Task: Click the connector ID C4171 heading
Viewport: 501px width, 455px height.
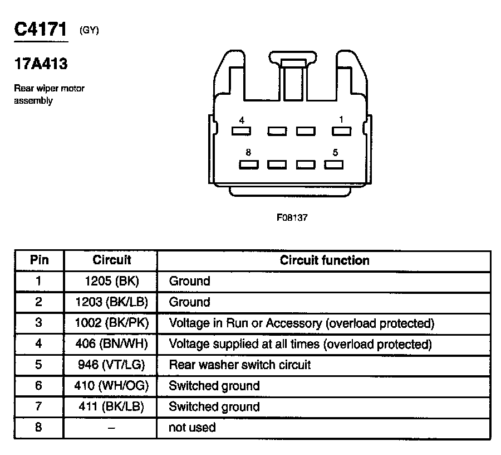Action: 41,30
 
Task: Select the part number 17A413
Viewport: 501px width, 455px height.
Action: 41,64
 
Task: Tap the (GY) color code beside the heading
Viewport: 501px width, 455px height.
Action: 89,31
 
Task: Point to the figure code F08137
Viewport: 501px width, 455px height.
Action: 292,218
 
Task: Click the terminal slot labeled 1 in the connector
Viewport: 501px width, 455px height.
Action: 341,131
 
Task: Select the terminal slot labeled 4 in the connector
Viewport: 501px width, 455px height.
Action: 241,131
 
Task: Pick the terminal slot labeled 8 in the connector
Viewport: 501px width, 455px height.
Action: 248,164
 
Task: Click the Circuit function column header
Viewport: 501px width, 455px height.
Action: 324,260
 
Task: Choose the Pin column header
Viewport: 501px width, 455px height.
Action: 39,260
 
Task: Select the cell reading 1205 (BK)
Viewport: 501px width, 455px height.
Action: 111,281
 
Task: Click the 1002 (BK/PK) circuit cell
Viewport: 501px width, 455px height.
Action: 111,323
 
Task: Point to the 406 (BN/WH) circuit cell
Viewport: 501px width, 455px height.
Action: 111,344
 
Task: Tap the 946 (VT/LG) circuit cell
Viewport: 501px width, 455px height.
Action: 111,365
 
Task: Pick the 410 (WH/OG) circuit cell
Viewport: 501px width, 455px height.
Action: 111,386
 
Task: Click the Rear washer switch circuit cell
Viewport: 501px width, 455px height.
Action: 239,365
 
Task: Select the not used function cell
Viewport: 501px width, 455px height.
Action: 192,428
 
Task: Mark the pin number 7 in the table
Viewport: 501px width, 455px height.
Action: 39,406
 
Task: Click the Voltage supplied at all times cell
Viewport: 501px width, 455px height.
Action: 300,344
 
